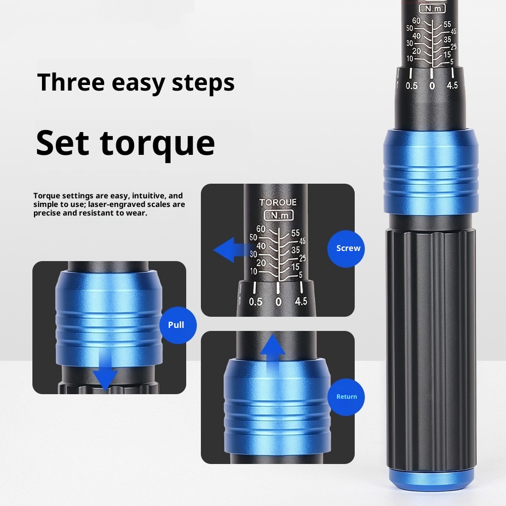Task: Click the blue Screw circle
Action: pos(348,248)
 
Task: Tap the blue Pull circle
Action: pos(176,324)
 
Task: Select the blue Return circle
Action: pos(347,397)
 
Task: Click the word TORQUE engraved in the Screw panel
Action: pos(278,202)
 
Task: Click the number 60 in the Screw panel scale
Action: pos(261,229)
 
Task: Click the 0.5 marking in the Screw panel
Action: pos(256,302)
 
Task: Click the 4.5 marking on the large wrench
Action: pos(452,85)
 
